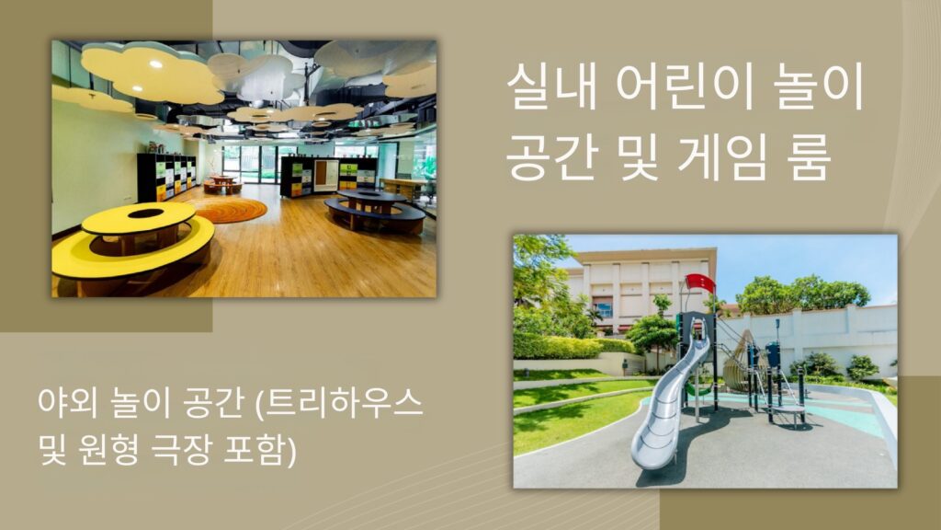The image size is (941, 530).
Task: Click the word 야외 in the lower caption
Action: tap(64, 403)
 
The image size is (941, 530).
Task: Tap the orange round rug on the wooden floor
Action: tap(230, 211)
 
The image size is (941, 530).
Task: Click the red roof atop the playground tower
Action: tap(700, 282)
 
